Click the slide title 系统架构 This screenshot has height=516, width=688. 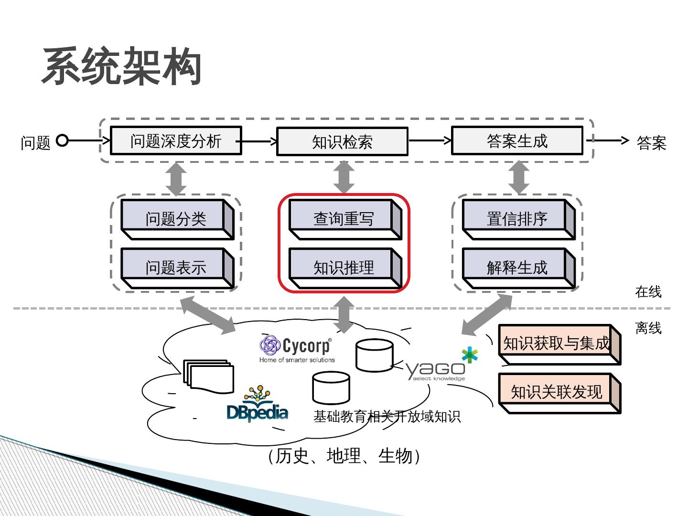(121, 67)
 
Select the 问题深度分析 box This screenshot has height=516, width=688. (176, 140)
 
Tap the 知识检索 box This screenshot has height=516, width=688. (342, 141)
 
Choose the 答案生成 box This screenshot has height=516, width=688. (517, 140)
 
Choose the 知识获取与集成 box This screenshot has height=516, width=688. (557, 343)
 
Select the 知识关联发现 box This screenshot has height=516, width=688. (557, 392)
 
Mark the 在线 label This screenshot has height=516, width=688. (648, 291)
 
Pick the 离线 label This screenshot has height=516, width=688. (648, 328)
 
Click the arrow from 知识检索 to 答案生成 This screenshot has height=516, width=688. (430, 140)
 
